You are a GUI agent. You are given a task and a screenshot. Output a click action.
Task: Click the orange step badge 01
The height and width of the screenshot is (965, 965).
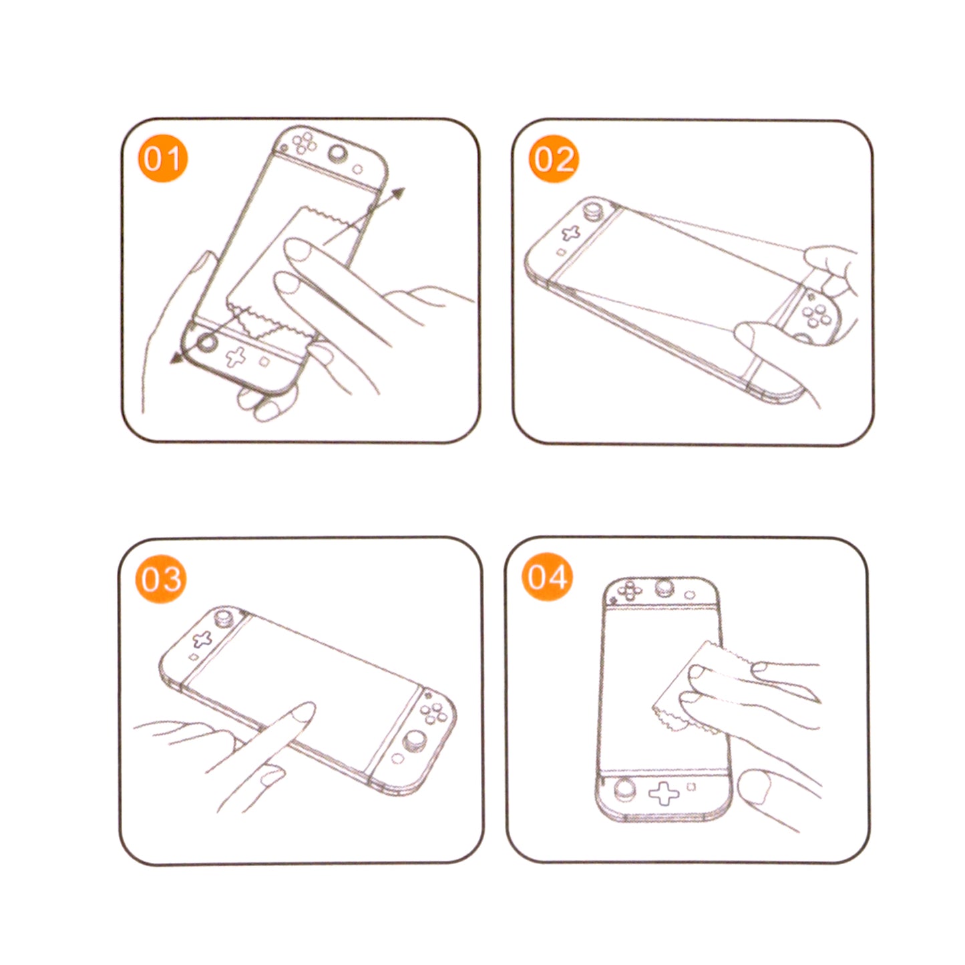coord(162,159)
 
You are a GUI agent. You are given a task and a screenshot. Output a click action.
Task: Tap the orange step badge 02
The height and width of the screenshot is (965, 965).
coord(554,159)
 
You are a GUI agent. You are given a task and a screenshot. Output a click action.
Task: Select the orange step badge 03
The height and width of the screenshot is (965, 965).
coord(161,578)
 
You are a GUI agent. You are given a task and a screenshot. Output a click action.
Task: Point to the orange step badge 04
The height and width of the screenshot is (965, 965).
coord(547,577)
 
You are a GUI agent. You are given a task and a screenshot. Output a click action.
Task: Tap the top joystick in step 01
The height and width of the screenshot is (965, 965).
coord(338,155)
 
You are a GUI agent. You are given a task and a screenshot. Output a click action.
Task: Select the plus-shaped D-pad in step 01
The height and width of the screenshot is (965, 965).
coord(234,357)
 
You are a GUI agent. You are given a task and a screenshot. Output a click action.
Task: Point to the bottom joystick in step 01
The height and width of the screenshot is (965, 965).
coord(206,343)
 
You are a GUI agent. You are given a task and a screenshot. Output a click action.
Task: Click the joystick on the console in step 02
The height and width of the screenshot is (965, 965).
coord(592,211)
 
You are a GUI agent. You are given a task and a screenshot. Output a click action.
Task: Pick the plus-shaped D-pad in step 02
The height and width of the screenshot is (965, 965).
coord(570,233)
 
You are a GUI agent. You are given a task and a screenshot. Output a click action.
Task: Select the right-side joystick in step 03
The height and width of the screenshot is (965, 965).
coord(415,741)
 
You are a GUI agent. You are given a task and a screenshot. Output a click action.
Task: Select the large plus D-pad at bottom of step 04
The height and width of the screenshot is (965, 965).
coord(663,793)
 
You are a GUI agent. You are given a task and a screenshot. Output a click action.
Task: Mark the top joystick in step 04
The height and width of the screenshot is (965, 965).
coord(664,588)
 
